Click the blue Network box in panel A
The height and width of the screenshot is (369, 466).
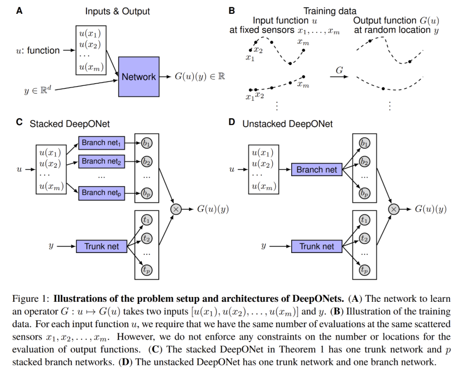coord(139,77)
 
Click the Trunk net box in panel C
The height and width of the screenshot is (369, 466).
coord(102,247)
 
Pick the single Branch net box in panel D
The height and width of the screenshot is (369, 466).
coord(317,169)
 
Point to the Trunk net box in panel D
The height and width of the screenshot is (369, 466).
coord(317,247)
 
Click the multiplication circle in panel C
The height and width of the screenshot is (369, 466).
coord(176,209)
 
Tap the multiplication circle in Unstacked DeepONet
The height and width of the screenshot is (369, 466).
coord(394,209)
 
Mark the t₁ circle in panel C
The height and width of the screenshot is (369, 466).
coord(147,220)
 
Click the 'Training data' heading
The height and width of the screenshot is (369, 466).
coord(330,11)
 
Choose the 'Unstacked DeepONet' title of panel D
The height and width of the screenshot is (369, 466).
coord(288,124)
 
